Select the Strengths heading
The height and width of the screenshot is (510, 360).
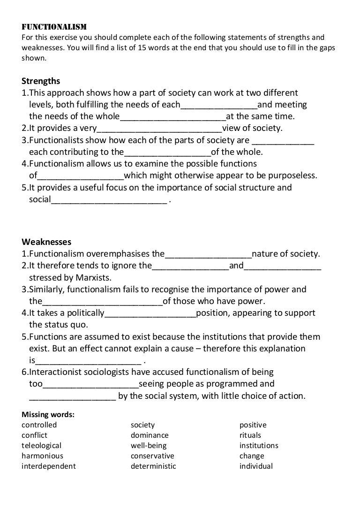coord(41,81)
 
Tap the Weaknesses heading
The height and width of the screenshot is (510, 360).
coord(46,242)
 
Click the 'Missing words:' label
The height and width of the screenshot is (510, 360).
coord(48,415)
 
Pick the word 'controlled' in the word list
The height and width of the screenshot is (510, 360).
coord(39,425)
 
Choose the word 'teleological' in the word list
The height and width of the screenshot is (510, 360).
coord(41,446)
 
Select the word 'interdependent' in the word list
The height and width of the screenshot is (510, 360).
coord(48,466)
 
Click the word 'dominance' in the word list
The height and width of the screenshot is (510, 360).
coord(150,435)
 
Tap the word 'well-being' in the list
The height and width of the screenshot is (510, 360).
coord(149,446)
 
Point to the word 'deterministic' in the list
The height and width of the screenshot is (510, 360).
coord(153,466)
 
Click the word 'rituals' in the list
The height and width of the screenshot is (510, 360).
coord(250,435)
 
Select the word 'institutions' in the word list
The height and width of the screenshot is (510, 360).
coord(259,446)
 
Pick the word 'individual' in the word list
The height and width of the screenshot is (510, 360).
coord(256,466)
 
